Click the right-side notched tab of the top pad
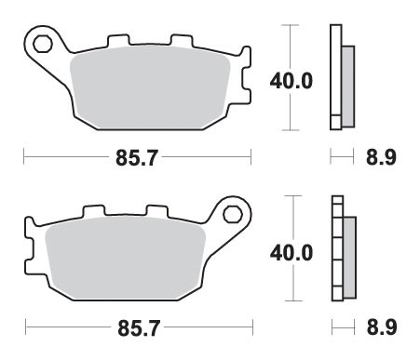click(x=245, y=79)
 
